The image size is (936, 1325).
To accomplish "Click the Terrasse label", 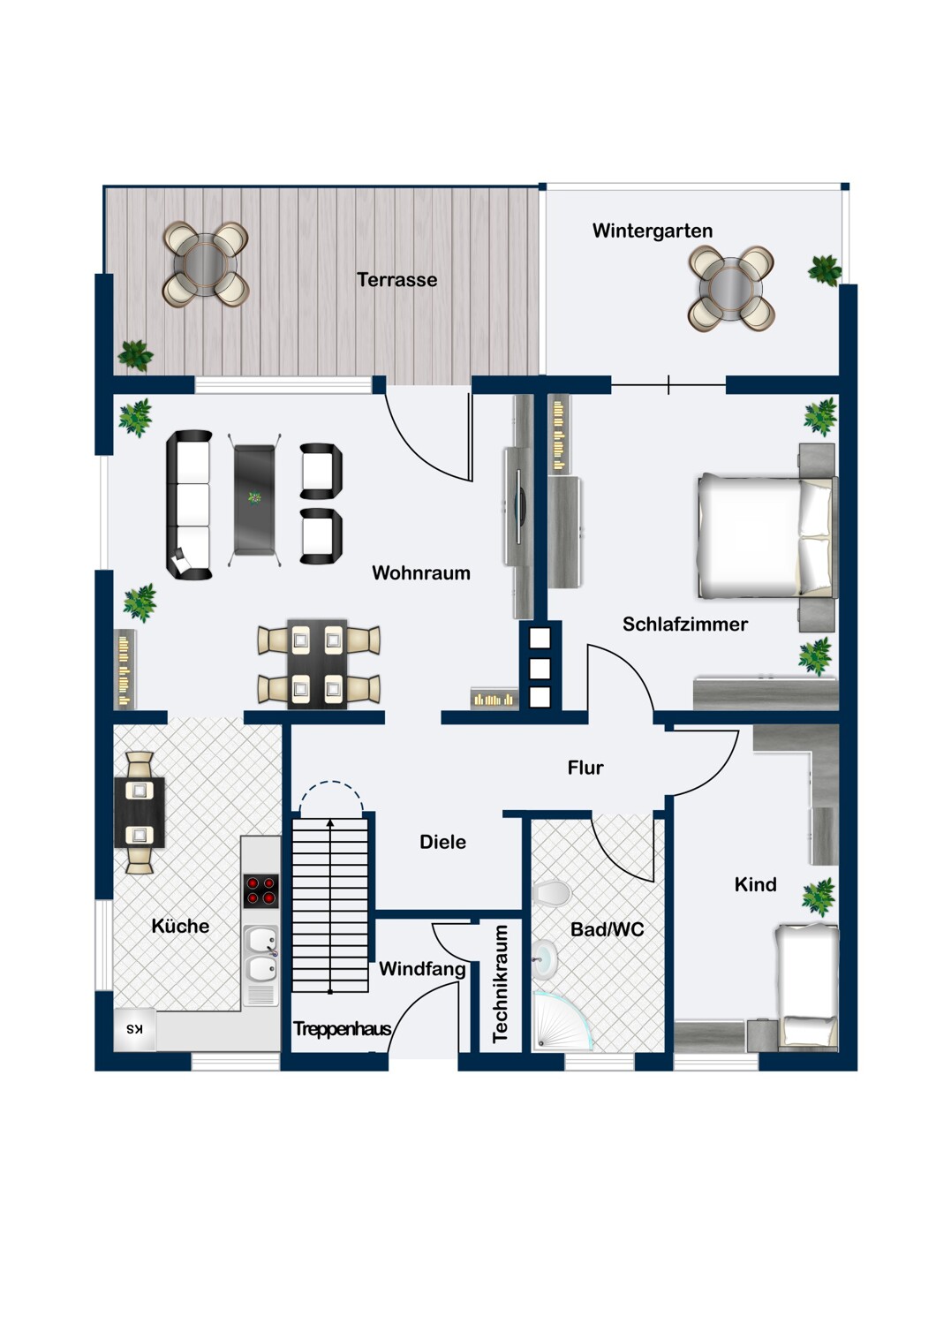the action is click(396, 279).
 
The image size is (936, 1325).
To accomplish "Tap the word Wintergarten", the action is click(653, 230).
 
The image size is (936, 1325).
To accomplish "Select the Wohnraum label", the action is click(421, 572).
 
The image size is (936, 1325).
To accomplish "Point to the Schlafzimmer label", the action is click(684, 624).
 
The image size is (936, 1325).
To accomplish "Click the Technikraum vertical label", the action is click(500, 983).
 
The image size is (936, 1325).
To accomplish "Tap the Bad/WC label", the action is click(607, 929).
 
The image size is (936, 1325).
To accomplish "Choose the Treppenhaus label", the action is click(343, 1029).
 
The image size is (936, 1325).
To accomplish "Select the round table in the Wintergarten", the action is click(731, 288).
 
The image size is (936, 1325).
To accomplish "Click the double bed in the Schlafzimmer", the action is click(767, 534).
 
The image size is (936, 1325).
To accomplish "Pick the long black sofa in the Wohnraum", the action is click(189, 504).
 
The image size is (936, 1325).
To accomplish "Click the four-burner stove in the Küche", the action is click(260, 890).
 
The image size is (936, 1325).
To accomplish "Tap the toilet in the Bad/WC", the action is click(550, 892).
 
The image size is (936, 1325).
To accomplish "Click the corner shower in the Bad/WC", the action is click(562, 1020).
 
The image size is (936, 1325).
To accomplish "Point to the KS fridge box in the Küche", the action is click(135, 1029).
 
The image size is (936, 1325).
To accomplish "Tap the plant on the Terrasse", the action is click(135, 355).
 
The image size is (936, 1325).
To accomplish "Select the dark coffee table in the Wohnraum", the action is click(254, 500).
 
